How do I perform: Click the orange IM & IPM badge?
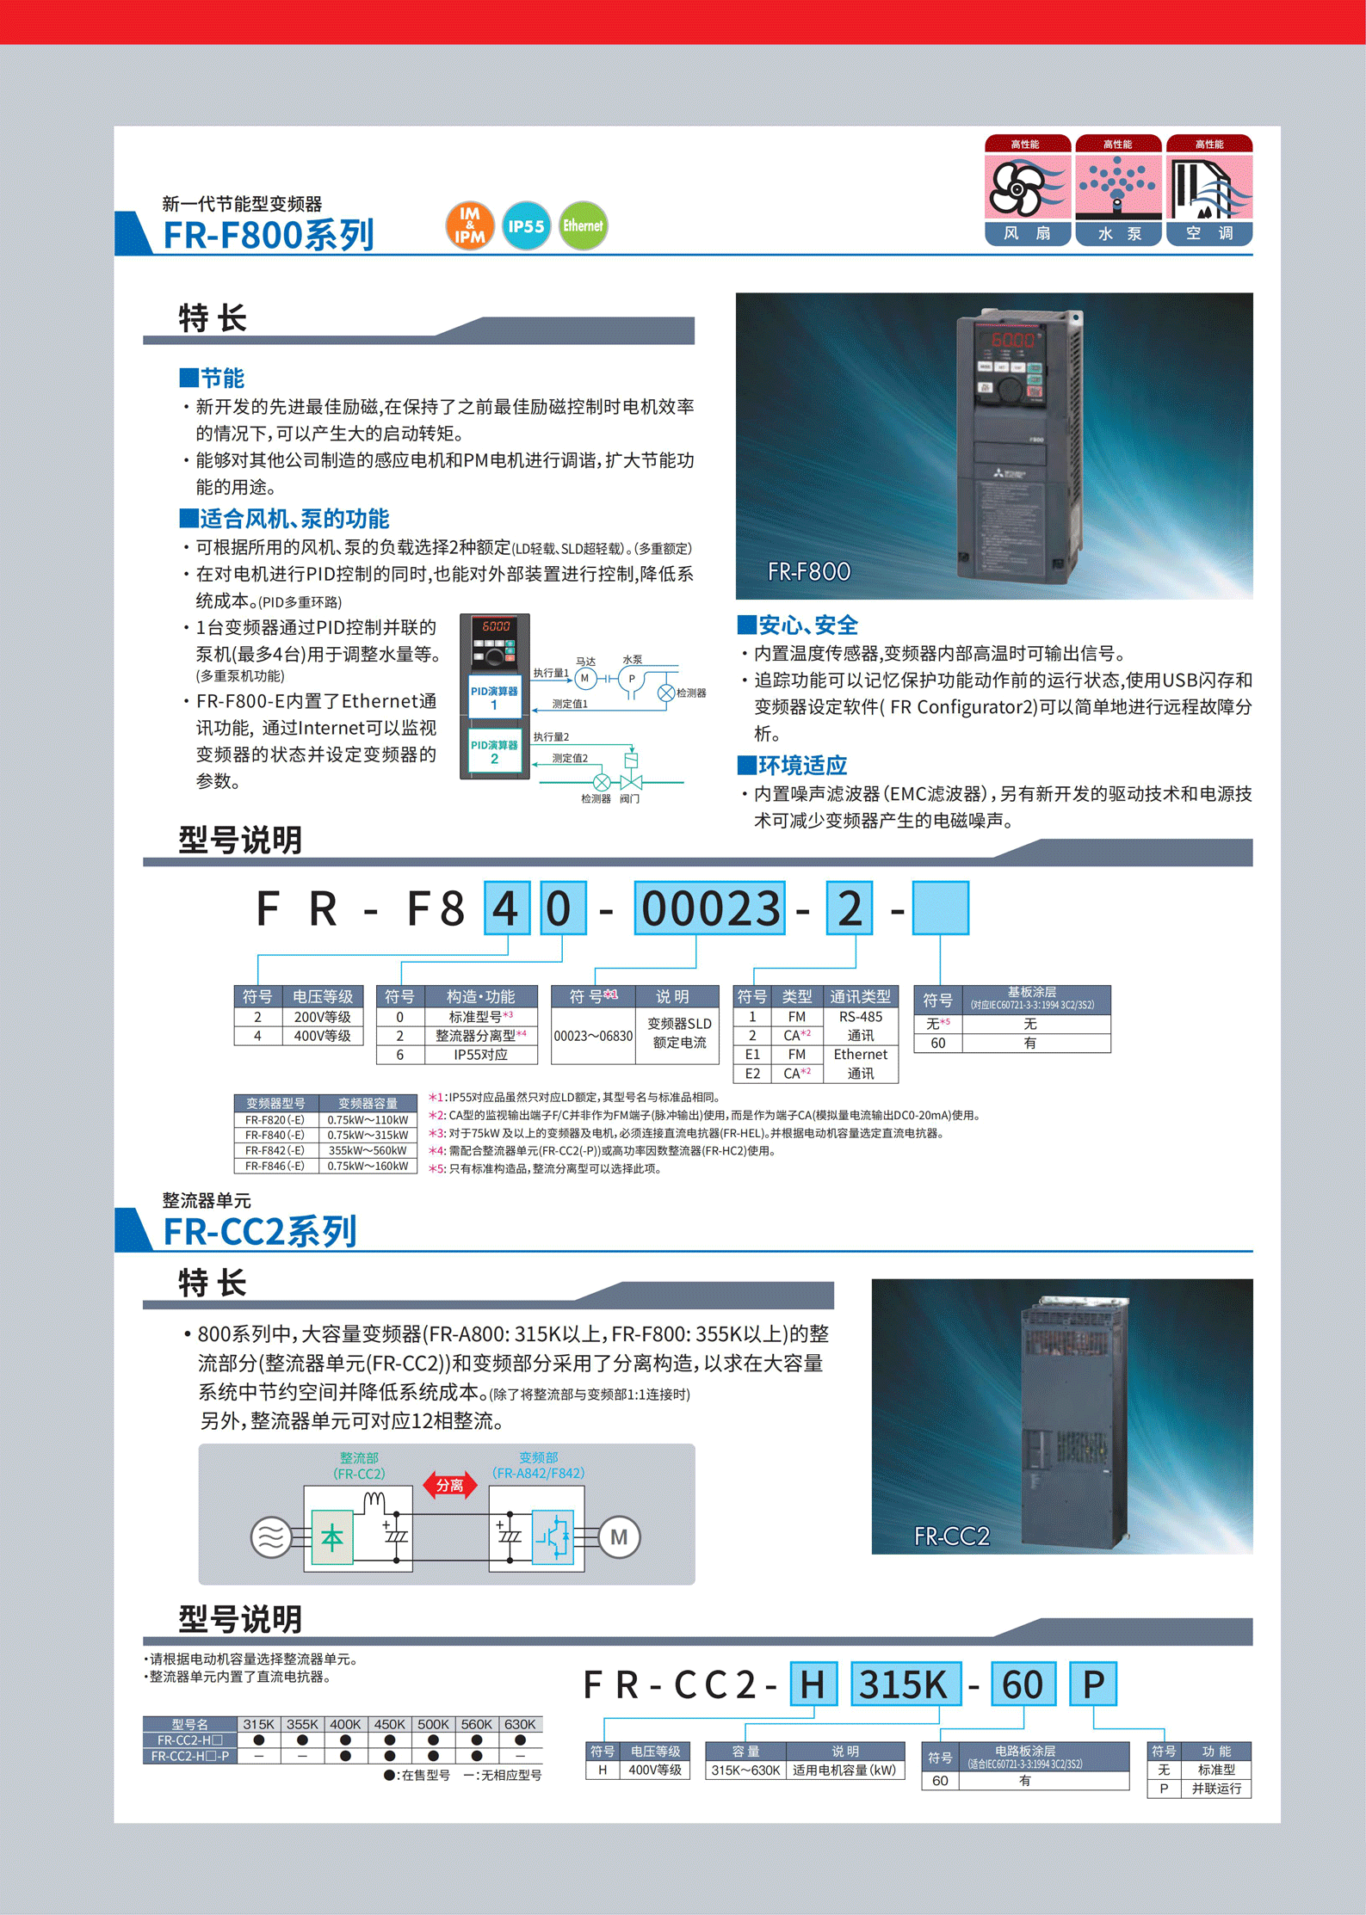(x=469, y=225)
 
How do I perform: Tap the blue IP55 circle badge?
(x=526, y=226)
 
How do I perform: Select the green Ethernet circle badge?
(x=583, y=226)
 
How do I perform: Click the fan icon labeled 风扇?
(x=1027, y=189)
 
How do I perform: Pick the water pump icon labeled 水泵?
(x=1118, y=189)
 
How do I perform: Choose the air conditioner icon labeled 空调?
(x=1208, y=189)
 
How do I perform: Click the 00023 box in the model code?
(x=709, y=908)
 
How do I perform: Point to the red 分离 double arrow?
(x=449, y=1485)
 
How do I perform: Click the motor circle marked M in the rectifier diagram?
(x=618, y=1537)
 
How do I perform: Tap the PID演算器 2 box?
(x=494, y=752)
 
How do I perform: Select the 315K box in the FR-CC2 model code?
(x=905, y=1684)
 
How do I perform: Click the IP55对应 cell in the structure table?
(x=480, y=1055)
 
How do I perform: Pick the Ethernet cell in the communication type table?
(x=860, y=1055)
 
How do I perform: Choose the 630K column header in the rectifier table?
(x=520, y=1724)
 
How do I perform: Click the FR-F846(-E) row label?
(x=275, y=1166)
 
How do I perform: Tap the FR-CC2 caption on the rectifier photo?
(x=951, y=1536)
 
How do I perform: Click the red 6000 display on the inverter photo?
(x=1012, y=340)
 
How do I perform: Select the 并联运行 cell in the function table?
(x=1215, y=1789)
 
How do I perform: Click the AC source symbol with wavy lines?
(x=270, y=1537)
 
